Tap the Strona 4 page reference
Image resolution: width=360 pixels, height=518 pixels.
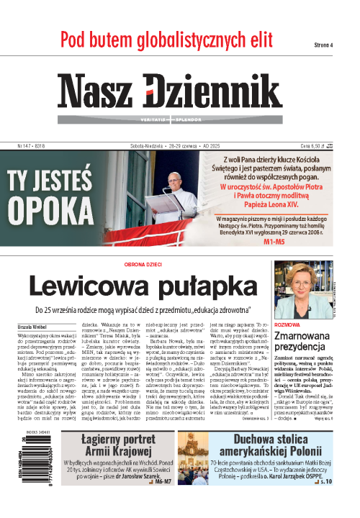pos(323,45)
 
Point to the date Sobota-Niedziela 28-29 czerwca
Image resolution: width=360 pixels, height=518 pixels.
pos(176,145)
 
